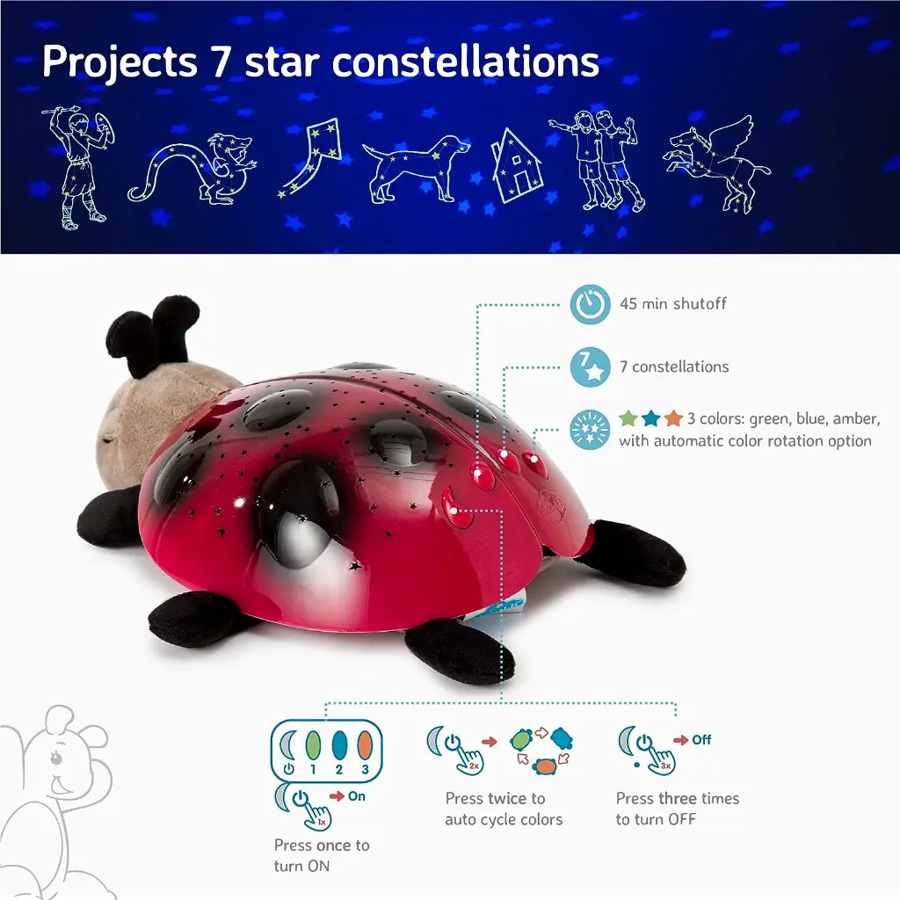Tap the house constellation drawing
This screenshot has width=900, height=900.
point(517,167)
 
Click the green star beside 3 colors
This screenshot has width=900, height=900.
point(628,419)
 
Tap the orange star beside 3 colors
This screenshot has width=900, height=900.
point(673,419)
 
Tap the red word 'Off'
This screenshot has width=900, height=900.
point(701,740)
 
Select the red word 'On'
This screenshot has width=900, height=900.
point(358,796)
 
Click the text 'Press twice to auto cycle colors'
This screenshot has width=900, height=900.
point(503,809)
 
